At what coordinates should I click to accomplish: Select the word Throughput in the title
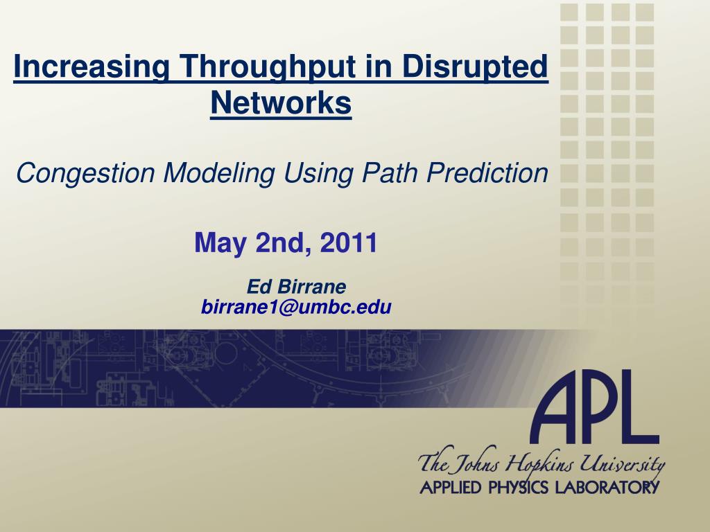click(x=268, y=67)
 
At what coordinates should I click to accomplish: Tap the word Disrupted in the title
click(x=475, y=67)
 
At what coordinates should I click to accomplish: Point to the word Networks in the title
click(x=281, y=103)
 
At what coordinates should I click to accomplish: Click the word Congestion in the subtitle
click(x=85, y=173)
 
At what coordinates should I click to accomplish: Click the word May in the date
click(x=220, y=243)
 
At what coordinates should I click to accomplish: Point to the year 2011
click(x=349, y=242)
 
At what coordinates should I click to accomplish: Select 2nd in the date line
click(x=284, y=243)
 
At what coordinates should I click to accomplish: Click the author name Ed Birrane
click(x=297, y=286)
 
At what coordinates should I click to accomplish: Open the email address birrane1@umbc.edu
click(x=296, y=307)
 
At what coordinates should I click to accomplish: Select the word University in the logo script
click(x=623, y=464)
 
